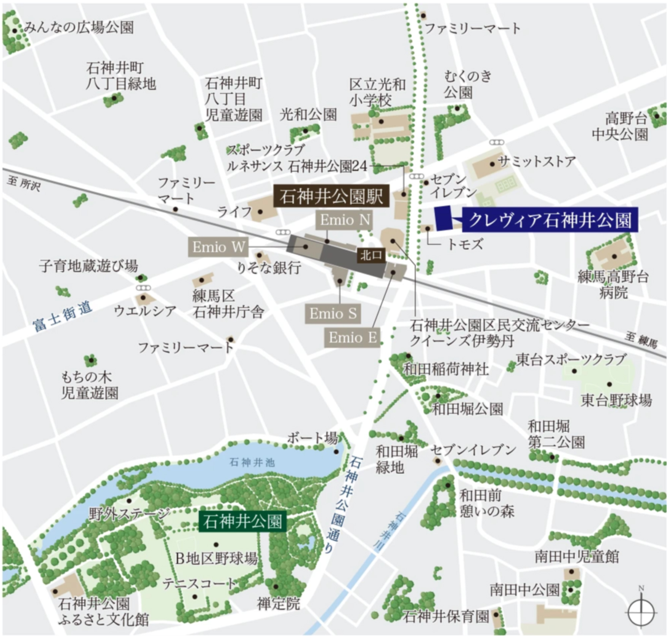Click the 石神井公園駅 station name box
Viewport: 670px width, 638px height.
(x=331, y=196)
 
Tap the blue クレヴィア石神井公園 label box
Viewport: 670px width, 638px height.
(x=550, y=220)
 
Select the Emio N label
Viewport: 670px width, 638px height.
(x=344, y=220)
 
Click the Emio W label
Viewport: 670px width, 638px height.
(x=218, y=247)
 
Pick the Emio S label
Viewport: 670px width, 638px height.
(x=333, y=314)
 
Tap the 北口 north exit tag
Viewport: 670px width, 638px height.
(x=371, y=255)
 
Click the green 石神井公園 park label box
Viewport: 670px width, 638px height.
(x=242, y=521)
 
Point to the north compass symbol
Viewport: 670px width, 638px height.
(x=641, y=611)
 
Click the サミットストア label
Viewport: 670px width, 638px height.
(x=536, y=162)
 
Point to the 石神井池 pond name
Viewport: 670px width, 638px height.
(x=252, y=462)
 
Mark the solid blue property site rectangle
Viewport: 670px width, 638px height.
(x=443, y=218)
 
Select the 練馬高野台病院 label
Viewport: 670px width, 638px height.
(x=613, y=285)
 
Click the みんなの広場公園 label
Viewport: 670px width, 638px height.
(x=79, y=27)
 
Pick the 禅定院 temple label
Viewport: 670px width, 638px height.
(x=279, y=604)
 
